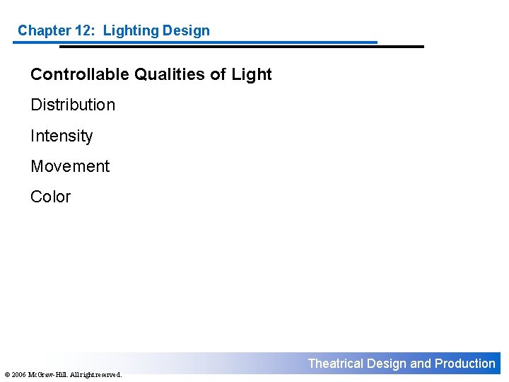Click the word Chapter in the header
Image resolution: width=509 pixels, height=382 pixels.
44,30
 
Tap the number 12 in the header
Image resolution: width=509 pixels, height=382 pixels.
86,30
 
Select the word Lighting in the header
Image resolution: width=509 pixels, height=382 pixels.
130,30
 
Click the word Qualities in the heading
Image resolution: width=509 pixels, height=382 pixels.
164,74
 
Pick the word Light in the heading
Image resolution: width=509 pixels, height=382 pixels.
251,74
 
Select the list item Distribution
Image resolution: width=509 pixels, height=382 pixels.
73,105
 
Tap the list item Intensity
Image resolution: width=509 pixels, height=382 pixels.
62,136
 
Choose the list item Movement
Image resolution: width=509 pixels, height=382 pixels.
70,166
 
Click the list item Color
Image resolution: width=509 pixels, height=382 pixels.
51,197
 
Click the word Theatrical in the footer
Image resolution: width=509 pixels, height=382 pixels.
335,364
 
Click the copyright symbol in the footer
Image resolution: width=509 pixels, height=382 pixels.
6,374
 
